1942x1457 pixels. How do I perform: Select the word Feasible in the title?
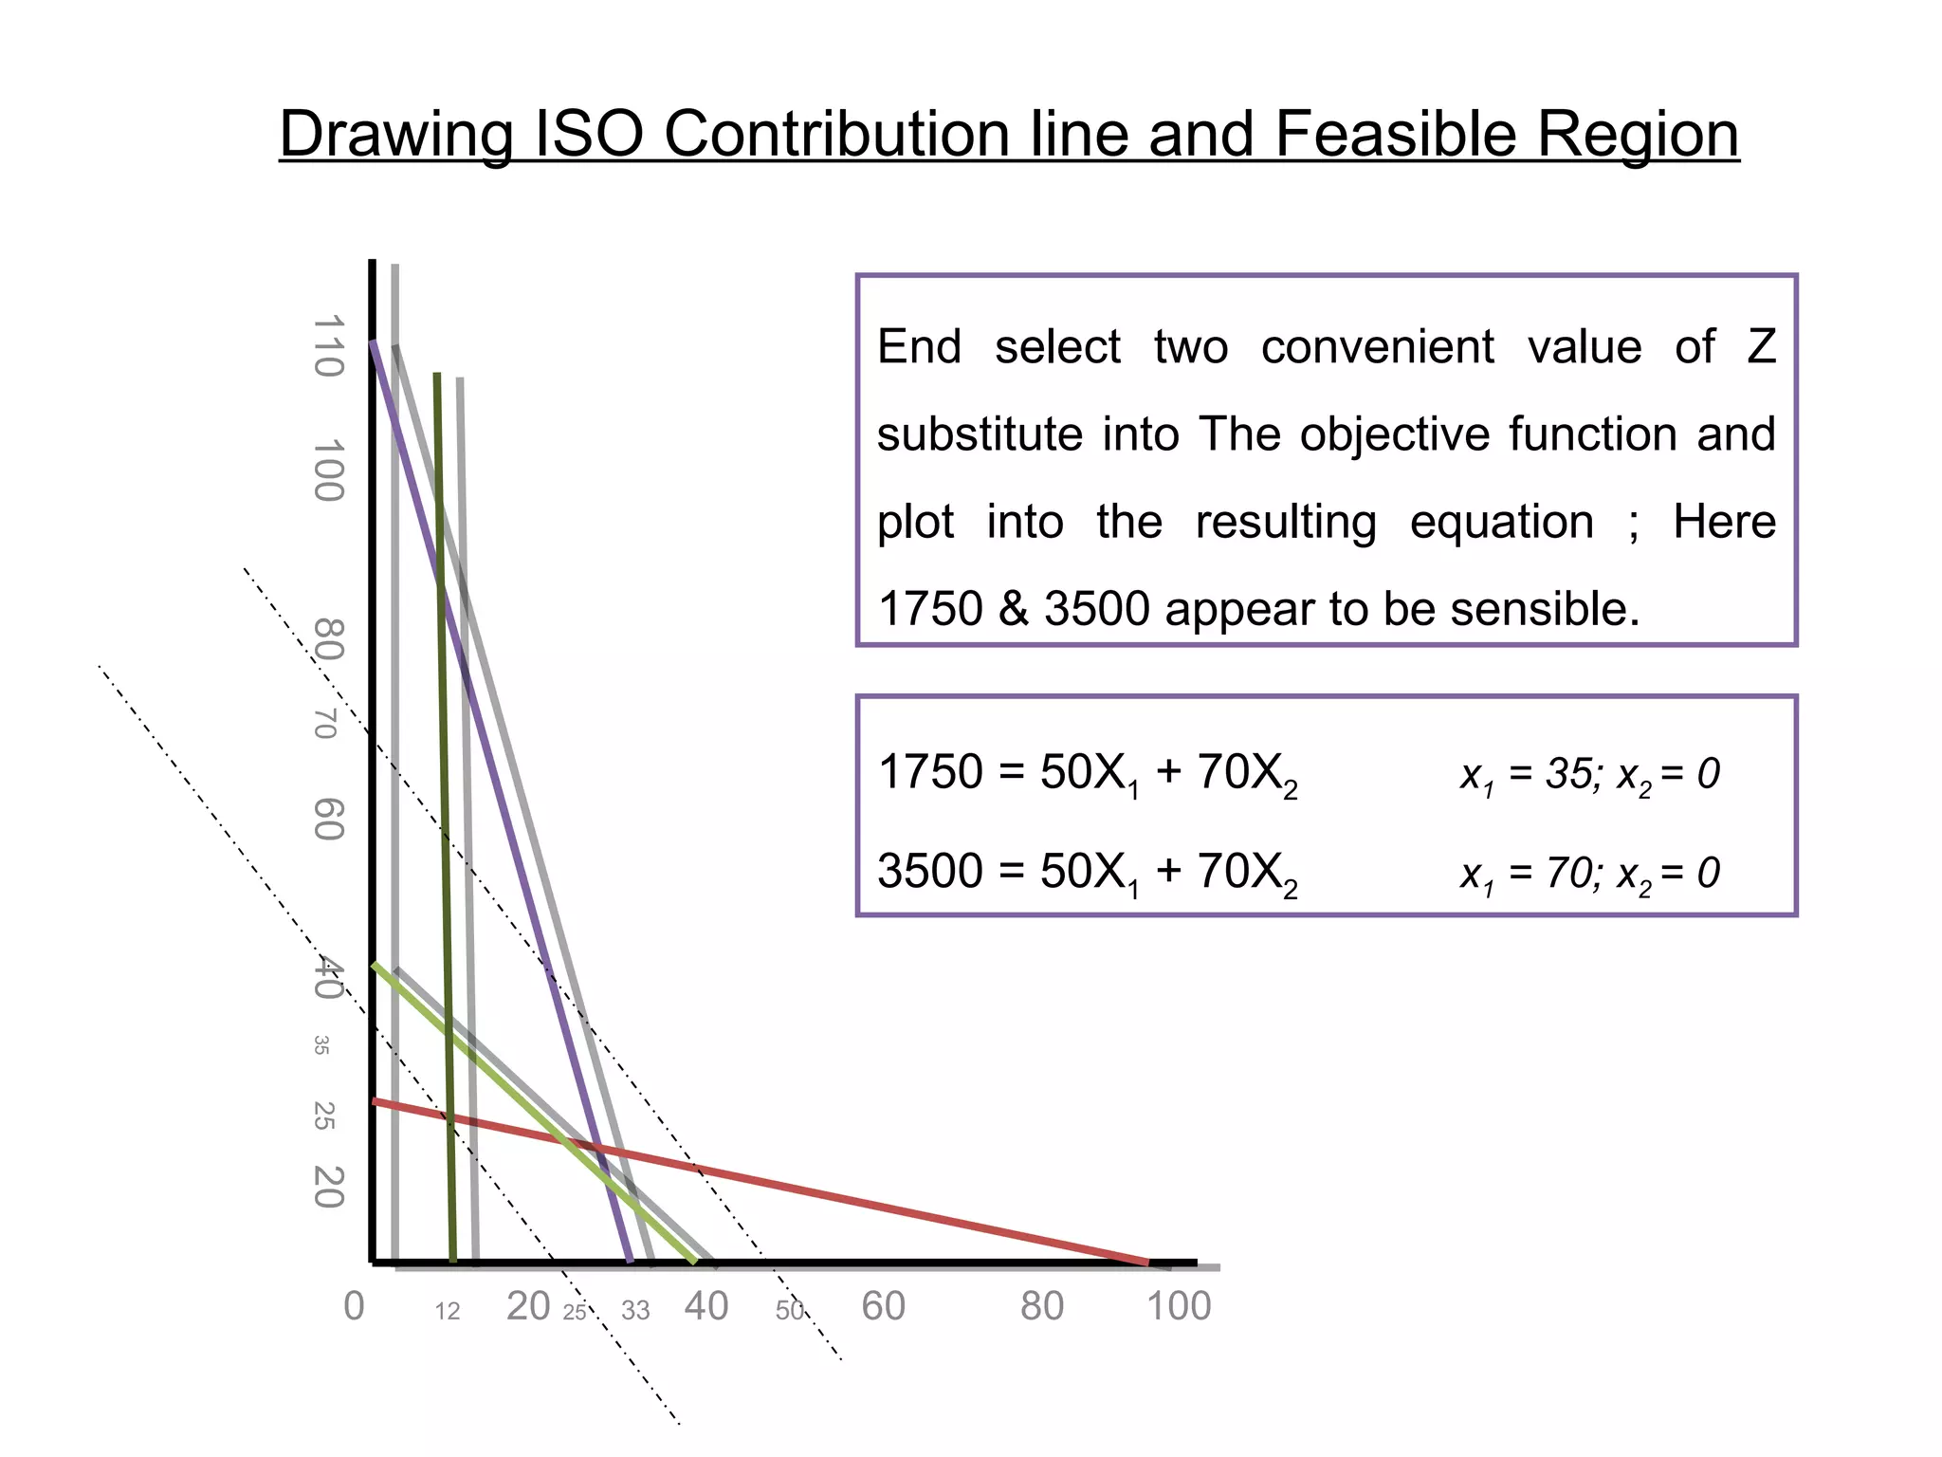click(1398, 134)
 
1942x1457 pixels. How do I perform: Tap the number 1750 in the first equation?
click(930, 772)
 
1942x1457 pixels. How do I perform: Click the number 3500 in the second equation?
click(930, 871)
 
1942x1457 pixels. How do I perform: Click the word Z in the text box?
click(1761, 346)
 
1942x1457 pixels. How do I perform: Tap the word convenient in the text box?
click(1377, 346)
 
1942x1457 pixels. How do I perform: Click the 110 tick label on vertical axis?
click(328, 346)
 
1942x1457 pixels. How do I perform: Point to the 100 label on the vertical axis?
click(328, 470)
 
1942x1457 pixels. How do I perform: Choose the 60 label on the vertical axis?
click(328, 820)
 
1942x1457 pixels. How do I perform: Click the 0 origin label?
click(354, 1306)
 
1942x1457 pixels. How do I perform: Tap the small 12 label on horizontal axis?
click(448, 1311)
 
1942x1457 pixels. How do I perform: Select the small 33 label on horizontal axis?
click(635, 1311)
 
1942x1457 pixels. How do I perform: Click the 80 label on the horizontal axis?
click(1042, 1306)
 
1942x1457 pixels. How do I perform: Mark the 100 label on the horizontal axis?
click(1179, 1306)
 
